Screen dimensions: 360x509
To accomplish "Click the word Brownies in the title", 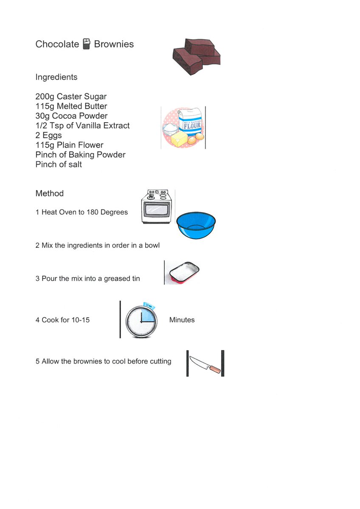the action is [114, 44].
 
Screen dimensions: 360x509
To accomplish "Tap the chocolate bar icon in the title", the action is [86, 44].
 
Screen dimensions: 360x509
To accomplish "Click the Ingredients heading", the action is [56, 77].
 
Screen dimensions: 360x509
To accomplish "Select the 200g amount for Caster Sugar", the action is [45, 97].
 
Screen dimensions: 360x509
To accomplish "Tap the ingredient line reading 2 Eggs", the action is [49, 135].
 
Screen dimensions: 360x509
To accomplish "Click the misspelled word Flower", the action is [91, 145].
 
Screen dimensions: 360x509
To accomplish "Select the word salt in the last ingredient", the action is [75, 165].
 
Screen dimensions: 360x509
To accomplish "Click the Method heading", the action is [50, 193].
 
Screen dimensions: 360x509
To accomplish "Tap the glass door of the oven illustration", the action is [157, 209].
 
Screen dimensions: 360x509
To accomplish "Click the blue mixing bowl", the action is [196, 225].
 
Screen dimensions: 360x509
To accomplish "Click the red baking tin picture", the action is [184, 272].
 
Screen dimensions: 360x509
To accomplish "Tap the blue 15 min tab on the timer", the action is [149, 306].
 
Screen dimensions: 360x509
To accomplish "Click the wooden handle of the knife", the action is [215, 369].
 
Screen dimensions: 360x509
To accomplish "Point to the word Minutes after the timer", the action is [182, 320].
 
